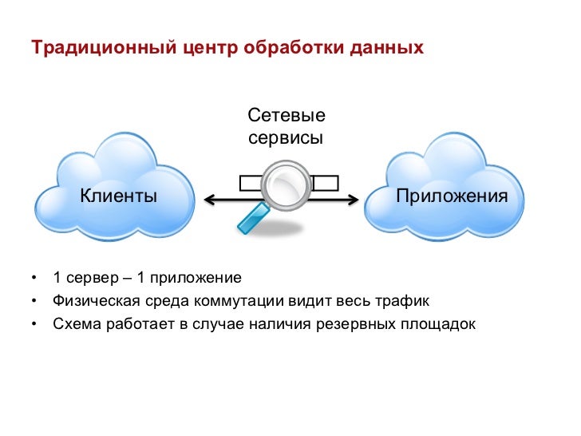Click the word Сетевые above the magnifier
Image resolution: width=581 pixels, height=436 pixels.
point(287,117)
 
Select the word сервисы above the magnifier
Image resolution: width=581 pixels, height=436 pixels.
point(286,137)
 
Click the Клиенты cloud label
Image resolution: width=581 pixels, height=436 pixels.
point(118,196)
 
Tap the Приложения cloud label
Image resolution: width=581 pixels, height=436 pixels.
point(452,196)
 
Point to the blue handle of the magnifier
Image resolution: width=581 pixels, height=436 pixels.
point(252,219)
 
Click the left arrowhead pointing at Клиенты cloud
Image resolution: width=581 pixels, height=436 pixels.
point(208,200)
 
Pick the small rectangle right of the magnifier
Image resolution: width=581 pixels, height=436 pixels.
point(326,183)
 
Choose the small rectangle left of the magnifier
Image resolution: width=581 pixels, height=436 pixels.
point(251,183)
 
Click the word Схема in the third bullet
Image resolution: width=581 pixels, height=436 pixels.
point(73,325)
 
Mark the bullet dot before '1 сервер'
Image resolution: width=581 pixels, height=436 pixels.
point(34,279)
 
